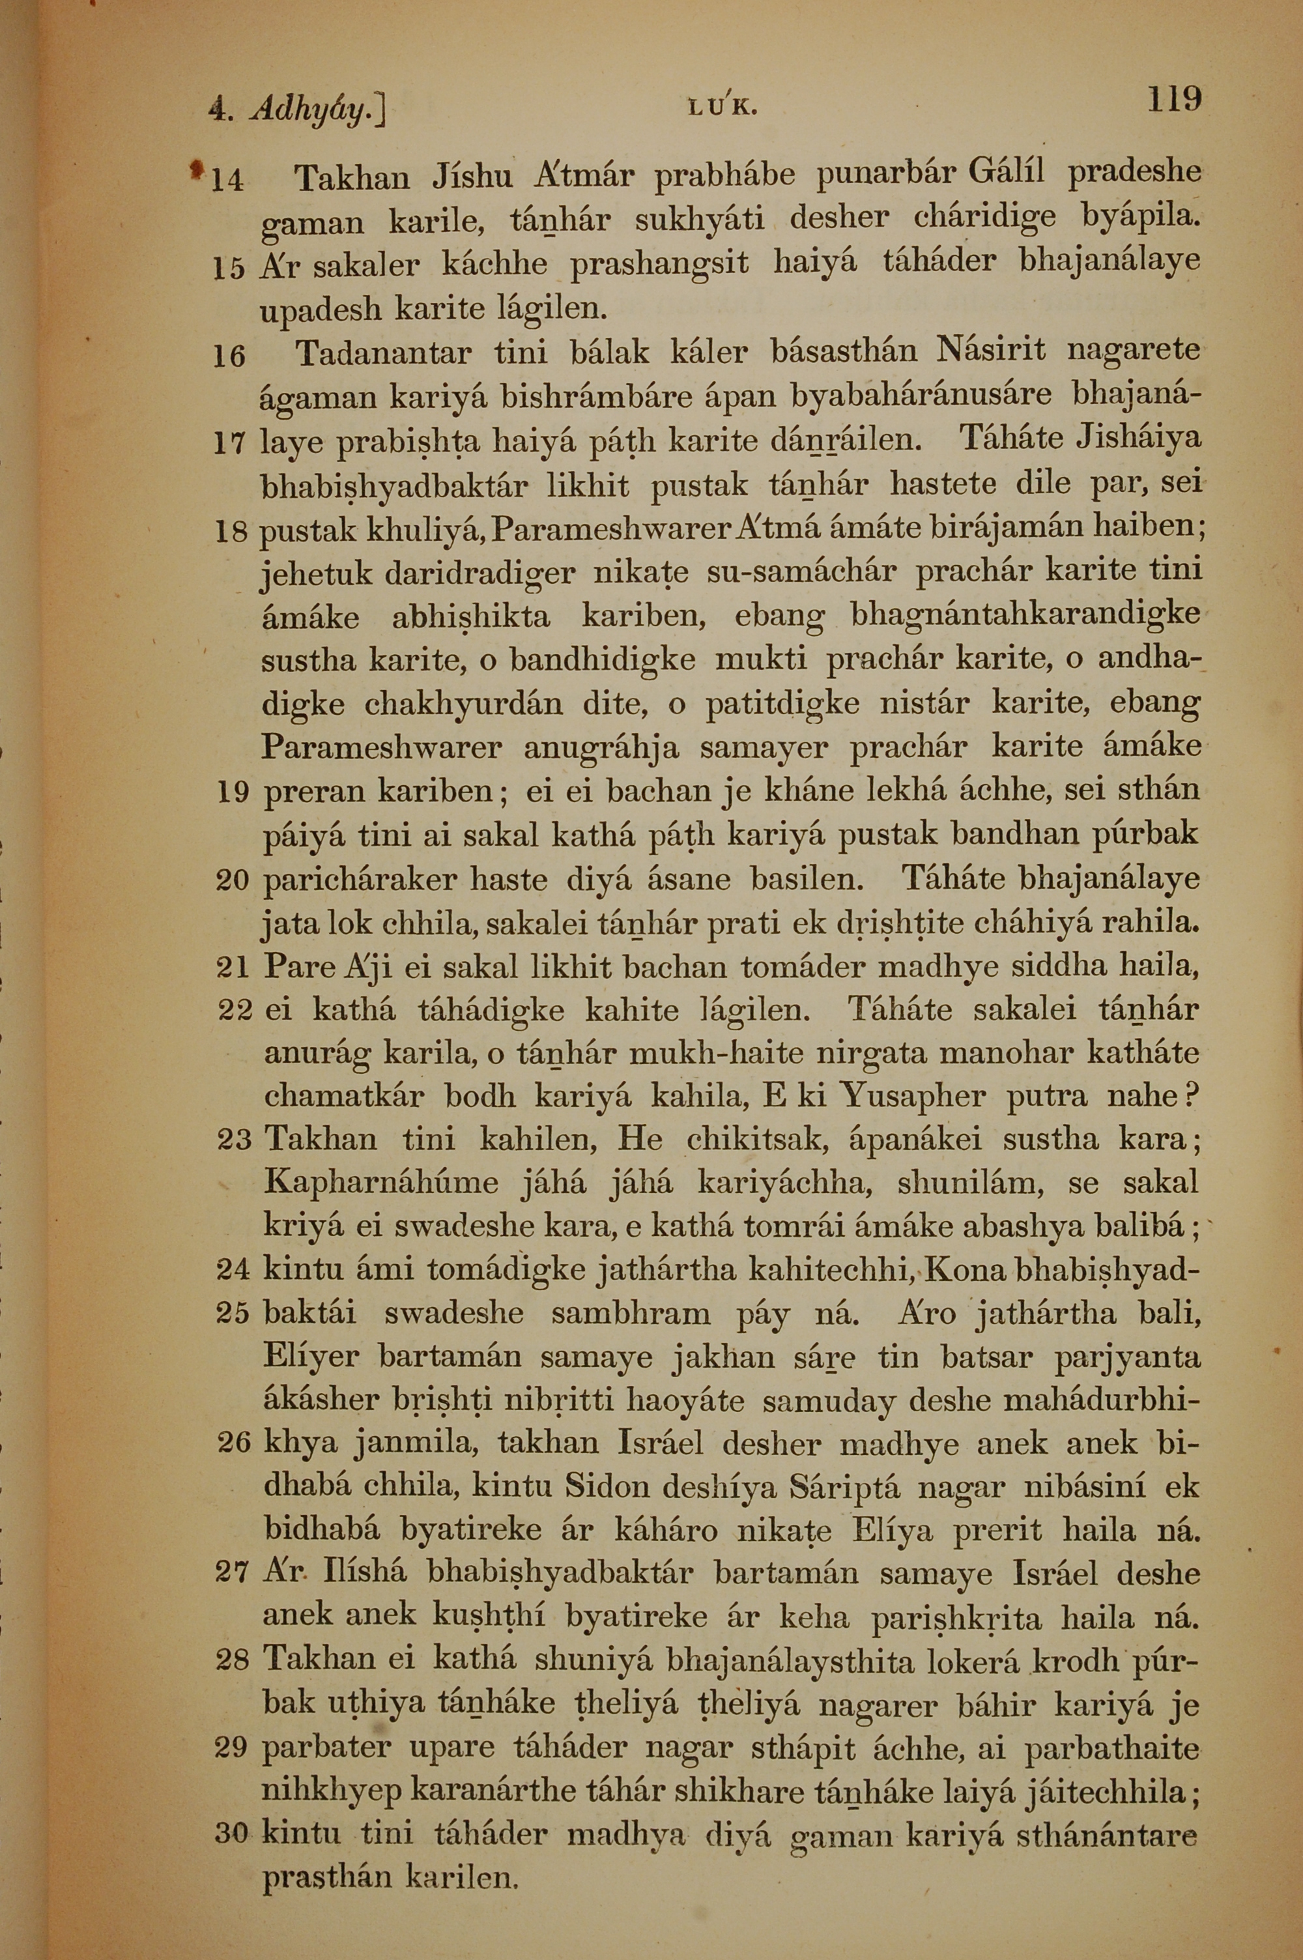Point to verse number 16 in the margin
tap(229, 356)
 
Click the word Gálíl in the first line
tap(1005, 173)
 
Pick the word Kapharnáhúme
tap(381, 1185)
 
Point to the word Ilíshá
tap(366, 1573)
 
